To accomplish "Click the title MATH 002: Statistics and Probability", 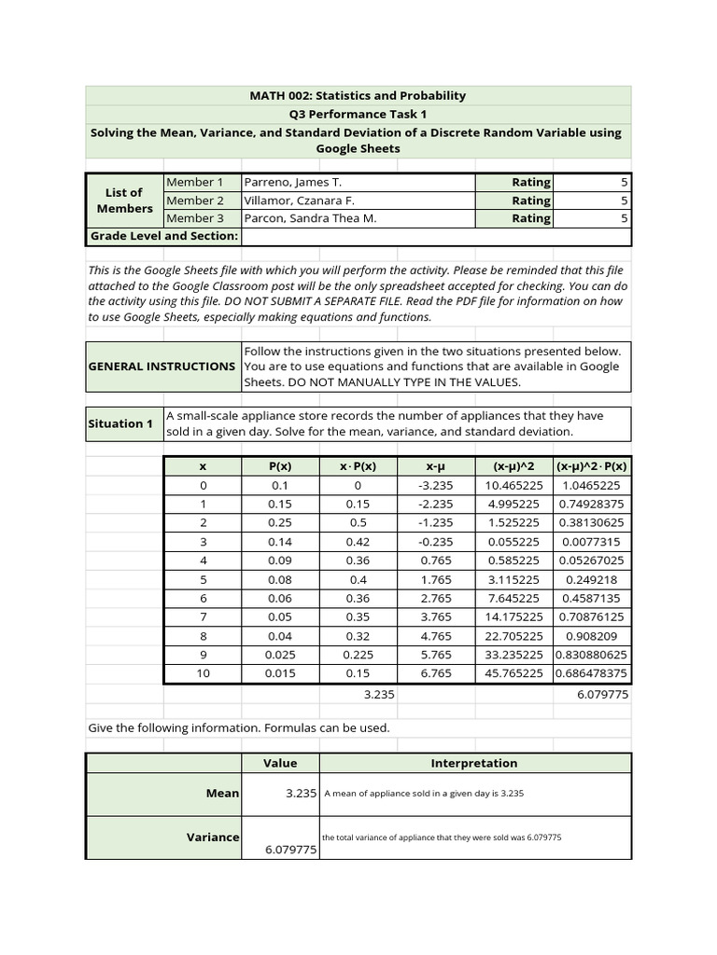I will [x=358, y=95].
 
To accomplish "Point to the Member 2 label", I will [x=195, y=200].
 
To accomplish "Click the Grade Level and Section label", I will [x=163, y=236].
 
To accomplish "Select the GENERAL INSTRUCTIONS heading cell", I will [x=162, y=367].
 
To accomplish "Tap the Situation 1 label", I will [x=120, y=423].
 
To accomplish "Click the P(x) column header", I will [x=280, y=466].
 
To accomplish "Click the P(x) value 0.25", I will [x=280, y=522].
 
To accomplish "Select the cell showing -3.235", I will [x=435, y=485].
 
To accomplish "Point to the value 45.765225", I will [x=513, y=672].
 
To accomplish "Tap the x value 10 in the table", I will [x=203, y=672].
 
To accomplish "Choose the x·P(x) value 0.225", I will [x=358, y=654].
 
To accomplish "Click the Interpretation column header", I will [x=473, y=763].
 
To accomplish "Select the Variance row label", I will [x=213, y=837].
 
